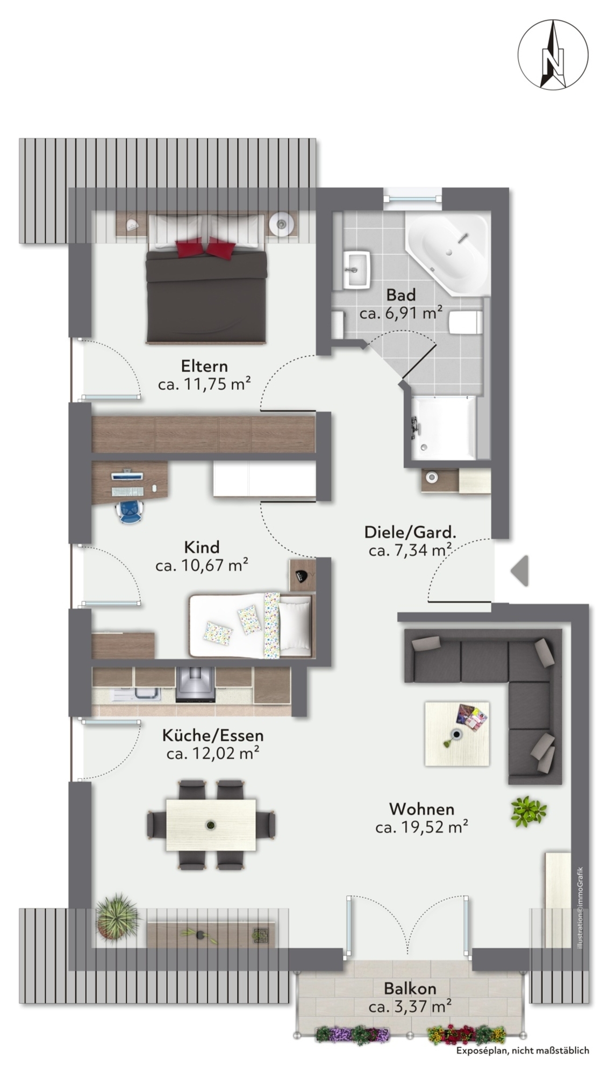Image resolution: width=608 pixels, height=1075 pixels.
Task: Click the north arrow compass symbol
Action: pos(553,55)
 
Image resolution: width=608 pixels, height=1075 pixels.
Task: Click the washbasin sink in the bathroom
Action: pos(356,269)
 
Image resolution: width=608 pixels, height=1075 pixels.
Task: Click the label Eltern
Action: pos(204,366)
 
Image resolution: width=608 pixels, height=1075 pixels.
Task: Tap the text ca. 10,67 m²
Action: pos(202,565)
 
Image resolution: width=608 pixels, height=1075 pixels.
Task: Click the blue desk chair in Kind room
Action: pos(130,510)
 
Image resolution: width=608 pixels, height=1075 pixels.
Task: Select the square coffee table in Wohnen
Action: pos(456,733)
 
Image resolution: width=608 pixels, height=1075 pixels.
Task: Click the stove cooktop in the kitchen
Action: pos(195,685)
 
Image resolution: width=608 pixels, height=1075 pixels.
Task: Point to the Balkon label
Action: pos(410,988)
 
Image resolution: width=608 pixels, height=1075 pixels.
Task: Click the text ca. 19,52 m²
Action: pos(421,827)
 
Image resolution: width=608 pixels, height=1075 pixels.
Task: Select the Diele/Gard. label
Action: pos(410,532)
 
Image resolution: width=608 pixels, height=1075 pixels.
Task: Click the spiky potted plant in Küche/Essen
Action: pos(117,916)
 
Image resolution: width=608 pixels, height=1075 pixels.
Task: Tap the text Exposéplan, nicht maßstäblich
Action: pos(522,1050)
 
